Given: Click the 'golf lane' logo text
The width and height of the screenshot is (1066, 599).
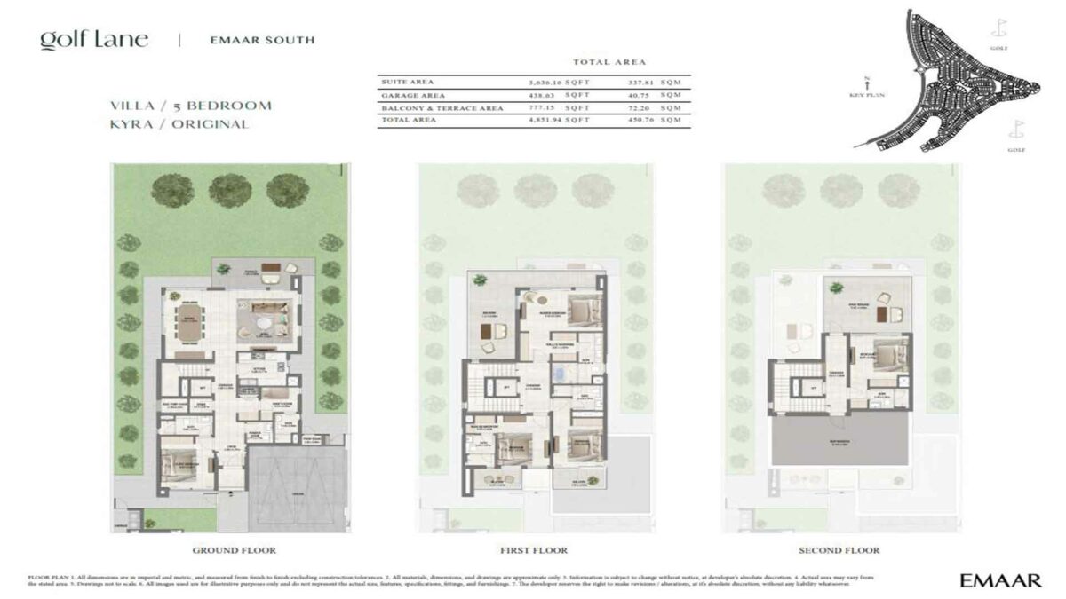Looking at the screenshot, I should (x=93, y=40).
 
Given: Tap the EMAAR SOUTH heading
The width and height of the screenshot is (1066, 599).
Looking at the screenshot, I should (x=261, y=40).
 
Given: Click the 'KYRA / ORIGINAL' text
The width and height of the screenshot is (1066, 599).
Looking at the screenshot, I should (x=177, y=124).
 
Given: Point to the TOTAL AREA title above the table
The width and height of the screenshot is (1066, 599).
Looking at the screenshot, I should (x=604, y=62).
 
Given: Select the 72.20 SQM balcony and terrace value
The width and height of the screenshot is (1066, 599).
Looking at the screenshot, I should (x=658, y=108).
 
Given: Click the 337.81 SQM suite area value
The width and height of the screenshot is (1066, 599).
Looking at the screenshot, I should (x=658, y=82).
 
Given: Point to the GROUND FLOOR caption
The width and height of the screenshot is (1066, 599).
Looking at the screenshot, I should (x=234, y=550).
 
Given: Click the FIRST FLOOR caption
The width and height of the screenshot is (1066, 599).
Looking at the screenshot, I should (x=534, y=550).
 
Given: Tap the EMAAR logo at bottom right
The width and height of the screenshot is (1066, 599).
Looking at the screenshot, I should (x=1000, y=580).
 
